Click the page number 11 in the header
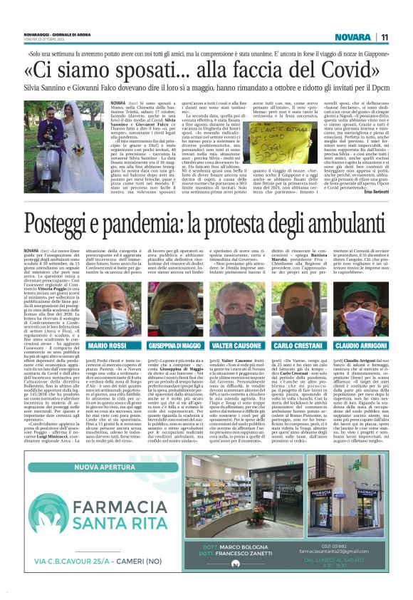[384, 37]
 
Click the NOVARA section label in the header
[352, 37]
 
